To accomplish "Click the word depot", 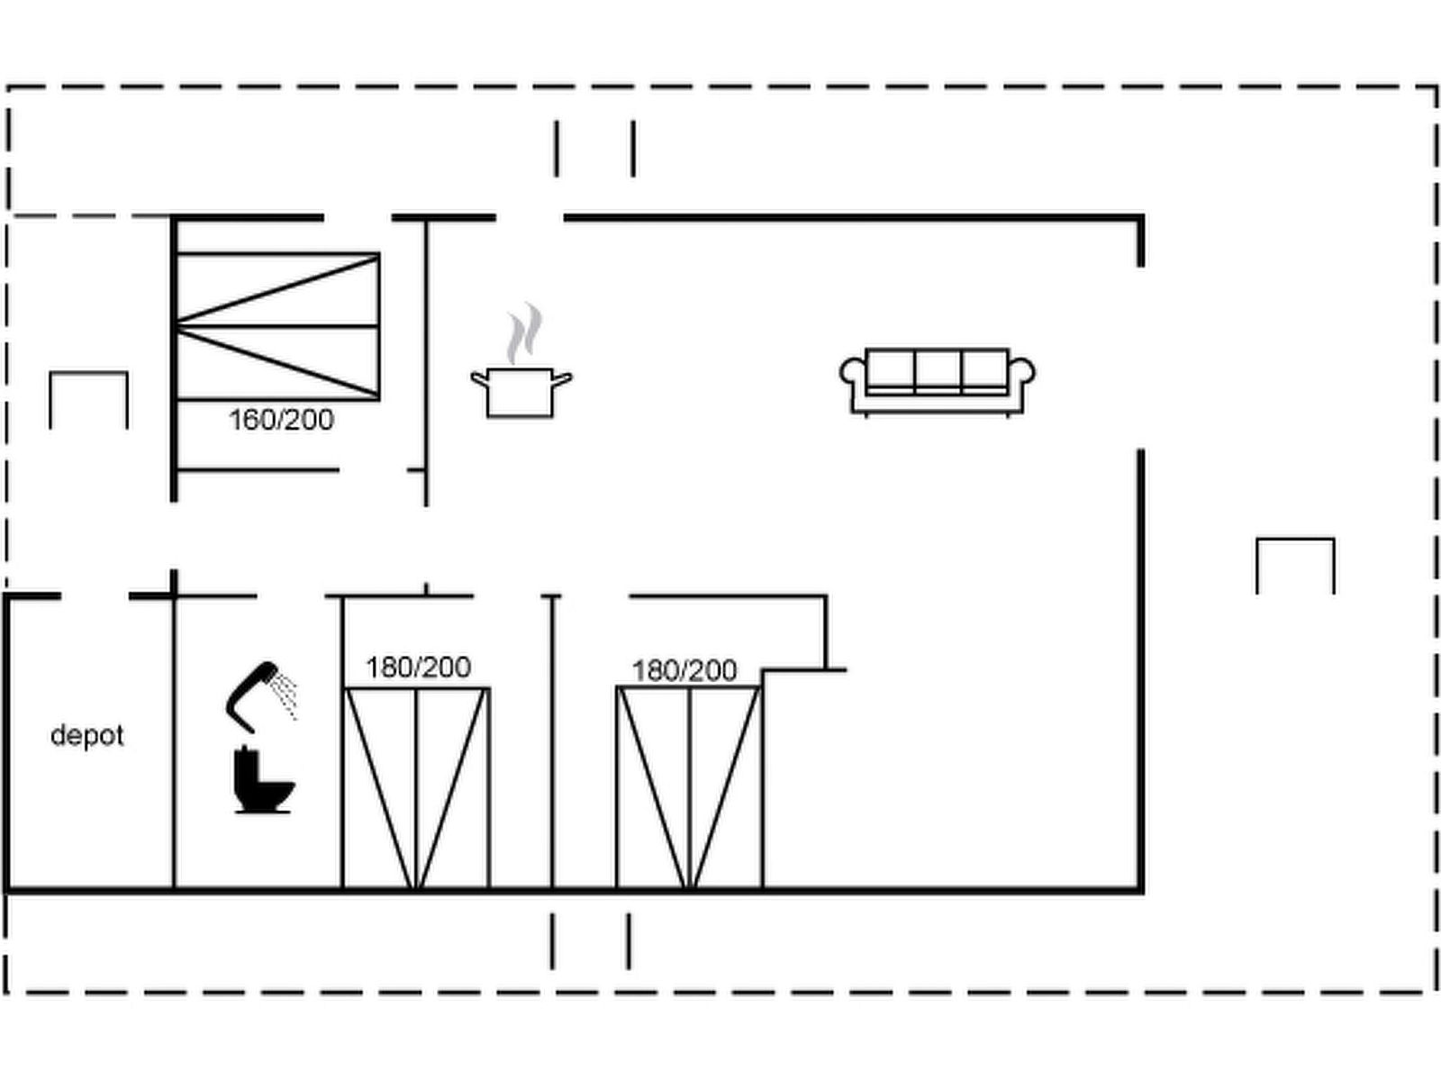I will pos(86,735).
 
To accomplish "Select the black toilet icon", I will pos(261,782).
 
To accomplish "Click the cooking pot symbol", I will pos(520,393).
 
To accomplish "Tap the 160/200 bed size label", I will pos(281,420).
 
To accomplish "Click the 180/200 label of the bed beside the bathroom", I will pos(418,668).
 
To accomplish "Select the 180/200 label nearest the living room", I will pos(684,670).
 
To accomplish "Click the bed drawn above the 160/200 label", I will pos(277,326).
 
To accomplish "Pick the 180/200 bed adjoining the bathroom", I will pos(417,788).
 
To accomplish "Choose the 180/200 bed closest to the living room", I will pos(689,788).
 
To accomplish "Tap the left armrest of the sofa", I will pos(852,374).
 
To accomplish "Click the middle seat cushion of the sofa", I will pos(938,369).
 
